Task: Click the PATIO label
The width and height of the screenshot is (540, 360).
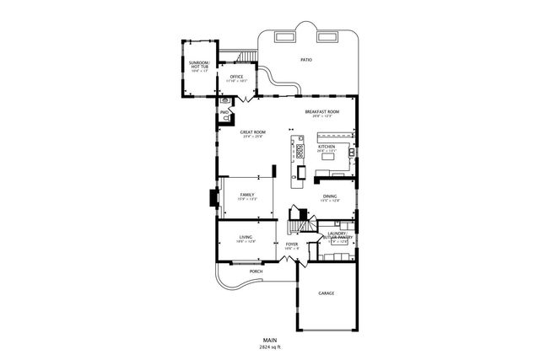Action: pos(305,60)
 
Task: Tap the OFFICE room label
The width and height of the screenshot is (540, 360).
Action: pos(236,78)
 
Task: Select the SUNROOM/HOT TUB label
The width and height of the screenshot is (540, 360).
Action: pos(199,64)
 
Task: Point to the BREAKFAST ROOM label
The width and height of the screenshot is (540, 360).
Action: pos(322,112)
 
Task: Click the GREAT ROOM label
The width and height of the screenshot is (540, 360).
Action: pos(253,132)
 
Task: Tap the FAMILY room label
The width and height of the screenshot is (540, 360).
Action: pos(246,195)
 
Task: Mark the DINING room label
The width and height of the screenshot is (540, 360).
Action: pos(330,196)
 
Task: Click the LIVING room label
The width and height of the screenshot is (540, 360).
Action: pos(245,238)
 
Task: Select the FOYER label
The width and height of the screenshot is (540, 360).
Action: pos(292,244)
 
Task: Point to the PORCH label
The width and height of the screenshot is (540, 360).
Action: pos(255,271)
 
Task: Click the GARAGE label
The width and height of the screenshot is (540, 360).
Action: pos(327,293)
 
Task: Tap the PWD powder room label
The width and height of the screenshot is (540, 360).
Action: pos(225,111)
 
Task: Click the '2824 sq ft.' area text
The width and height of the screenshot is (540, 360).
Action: pos(269,347)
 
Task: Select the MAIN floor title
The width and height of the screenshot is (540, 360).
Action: pos(269,340)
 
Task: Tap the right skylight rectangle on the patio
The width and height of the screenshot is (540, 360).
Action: pos(326,36)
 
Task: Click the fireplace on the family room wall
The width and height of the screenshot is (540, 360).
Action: pos(213,198)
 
